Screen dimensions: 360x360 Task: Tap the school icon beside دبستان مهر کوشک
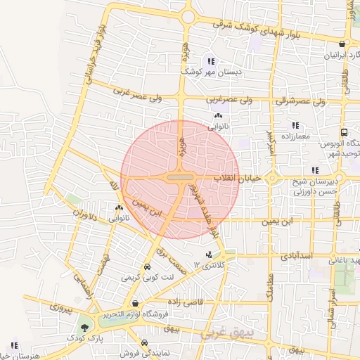(210, 61)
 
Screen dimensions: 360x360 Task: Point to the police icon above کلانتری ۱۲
(208, 254)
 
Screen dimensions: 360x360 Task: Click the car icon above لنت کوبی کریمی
(147, 268)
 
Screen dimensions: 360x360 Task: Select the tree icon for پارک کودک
(85, 328)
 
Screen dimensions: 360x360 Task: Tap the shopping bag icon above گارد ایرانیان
(342, 44)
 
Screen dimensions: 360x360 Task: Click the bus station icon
(344, 132)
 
